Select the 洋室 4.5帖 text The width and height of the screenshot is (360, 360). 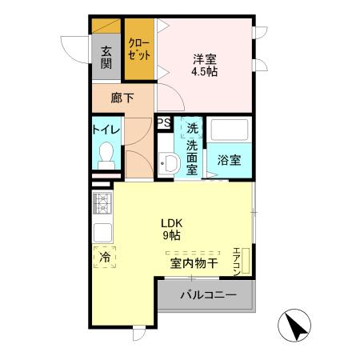[203, 64]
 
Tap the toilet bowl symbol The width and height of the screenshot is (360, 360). [106, 155]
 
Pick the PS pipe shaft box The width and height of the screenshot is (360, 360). [164, 122]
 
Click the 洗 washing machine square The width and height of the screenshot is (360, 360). [192, 126]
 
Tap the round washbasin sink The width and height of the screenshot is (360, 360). [167, 164]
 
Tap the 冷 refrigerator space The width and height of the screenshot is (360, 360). [104, 258]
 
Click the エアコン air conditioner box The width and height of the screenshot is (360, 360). [239, 260]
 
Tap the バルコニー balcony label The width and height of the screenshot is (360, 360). [207, 295]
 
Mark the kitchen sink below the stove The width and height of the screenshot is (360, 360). [103, 231]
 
